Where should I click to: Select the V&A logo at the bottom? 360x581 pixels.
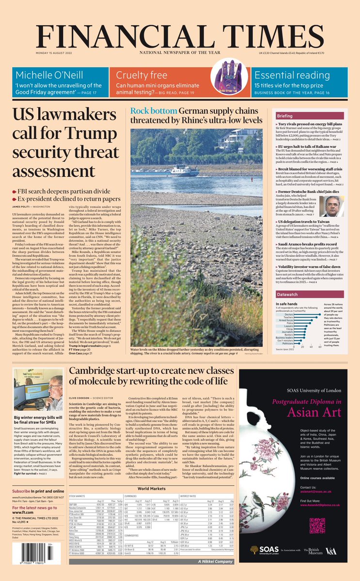click(x=331, y=550)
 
